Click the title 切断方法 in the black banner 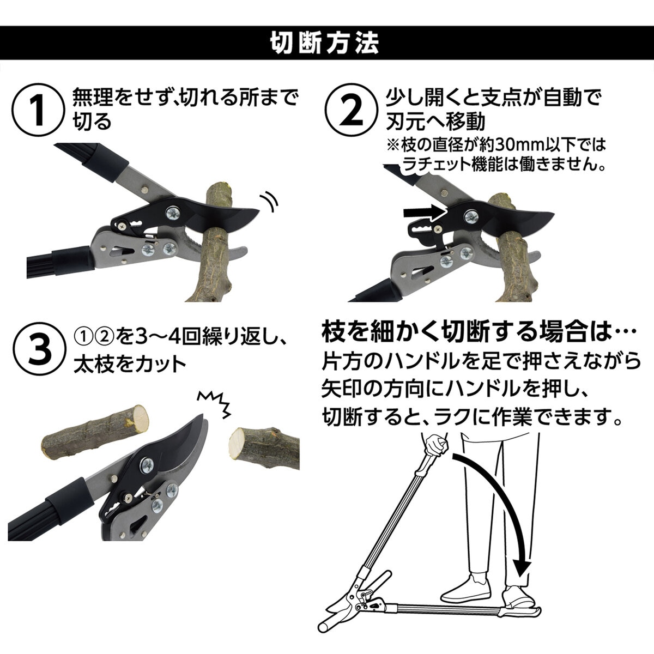click(325, 43)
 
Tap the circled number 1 click(38, 110)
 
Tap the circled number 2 click(352, 110)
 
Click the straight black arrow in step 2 click(424, 213)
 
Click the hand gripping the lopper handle click(437, 446)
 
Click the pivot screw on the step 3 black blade click(148, 465)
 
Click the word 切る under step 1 click(92, 121)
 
